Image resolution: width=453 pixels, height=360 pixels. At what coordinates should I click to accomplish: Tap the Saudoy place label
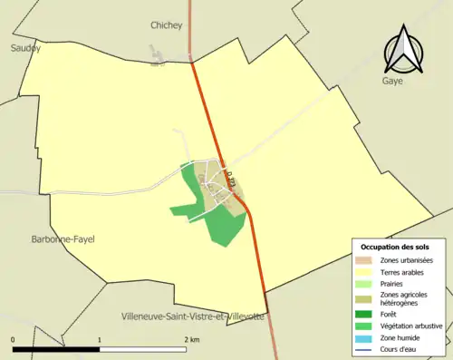[25, 48]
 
